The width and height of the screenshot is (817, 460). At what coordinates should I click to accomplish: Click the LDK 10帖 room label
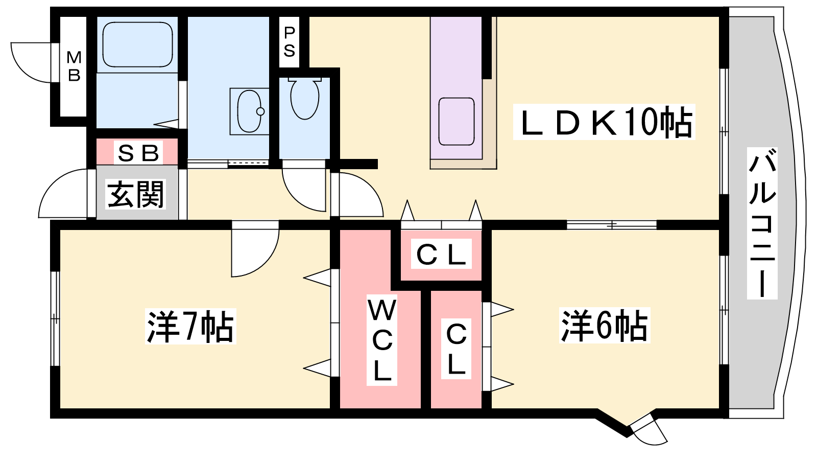[x=605, y=122]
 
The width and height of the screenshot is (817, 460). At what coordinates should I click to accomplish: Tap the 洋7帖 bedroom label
[x=190, y=326]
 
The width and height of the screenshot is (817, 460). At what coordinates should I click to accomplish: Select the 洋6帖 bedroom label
[x=605, y=325]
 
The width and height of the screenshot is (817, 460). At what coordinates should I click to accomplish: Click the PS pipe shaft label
[x=289, y=42]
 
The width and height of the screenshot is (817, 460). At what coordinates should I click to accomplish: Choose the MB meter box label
[x=74, y=66]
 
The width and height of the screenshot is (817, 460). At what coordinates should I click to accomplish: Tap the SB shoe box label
[x=138, y=153]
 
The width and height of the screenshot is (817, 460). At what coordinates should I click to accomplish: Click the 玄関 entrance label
[x=135, y=194]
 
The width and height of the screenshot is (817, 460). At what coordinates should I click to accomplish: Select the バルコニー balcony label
[x=762, y=223]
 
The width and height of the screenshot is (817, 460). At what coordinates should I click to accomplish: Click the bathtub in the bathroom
[x=137, y=44]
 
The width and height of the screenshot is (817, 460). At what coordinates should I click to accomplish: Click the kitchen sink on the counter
[x=456, y=122]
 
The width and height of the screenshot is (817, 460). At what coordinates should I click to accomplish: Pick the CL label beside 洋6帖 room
[x=456, y=349]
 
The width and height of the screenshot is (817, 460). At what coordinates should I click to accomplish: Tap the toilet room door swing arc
[x=304, y=190]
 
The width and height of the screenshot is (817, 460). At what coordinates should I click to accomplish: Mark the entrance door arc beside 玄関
[x=63, y=193]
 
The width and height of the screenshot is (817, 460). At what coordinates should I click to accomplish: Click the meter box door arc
[x=31, y=63]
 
